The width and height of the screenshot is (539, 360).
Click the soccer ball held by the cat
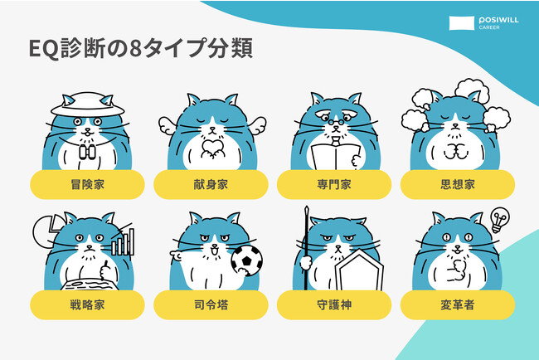coord(247,260)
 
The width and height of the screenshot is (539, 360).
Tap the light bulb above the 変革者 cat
coord(500,219)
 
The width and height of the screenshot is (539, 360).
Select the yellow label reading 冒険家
coord(87,184)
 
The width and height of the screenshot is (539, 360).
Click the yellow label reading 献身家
coord(211,184)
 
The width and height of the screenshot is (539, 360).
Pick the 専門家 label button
coord(334,184)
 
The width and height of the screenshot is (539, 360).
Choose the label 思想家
coord(458,184)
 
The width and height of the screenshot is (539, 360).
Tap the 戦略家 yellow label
coord(87,304)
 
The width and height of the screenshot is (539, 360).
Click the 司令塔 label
coord(211,304)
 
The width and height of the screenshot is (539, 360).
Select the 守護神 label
coord(334,304)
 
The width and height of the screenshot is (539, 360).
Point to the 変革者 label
coord(458,304)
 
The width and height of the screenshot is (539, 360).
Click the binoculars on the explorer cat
coord(87,152)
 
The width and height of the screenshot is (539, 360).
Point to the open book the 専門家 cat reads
coord(335,157)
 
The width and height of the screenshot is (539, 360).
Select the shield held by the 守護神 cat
coord(359,270)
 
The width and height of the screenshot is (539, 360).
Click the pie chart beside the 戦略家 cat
coord(46,231)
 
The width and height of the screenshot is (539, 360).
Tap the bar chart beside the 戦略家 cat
coord(123,241)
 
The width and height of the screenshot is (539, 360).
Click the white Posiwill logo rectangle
coord(462,23)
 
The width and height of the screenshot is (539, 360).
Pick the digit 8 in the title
coord(135,49)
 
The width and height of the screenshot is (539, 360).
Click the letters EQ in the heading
coord(44,49)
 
